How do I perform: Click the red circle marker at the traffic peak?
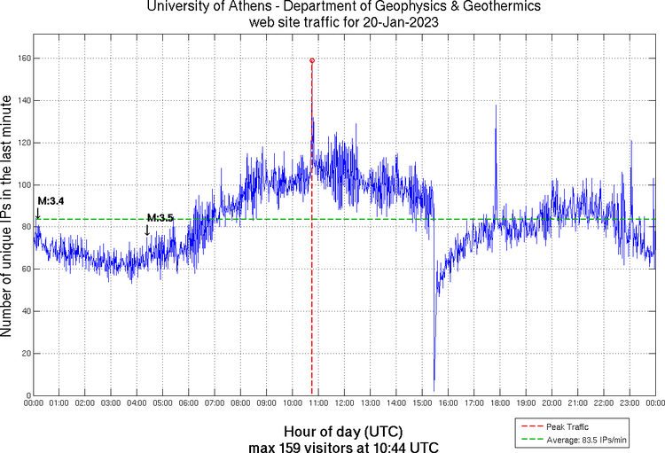[x=312, y=60]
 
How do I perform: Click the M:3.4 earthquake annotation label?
[x=51, y=202]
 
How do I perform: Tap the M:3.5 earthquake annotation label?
[x=160, y=218]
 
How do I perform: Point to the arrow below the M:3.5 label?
[x=147, y=230]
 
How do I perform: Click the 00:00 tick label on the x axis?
[x=33, y=403]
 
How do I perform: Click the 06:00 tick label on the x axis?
[x=188, y=403]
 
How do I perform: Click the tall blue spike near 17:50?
[x=496, y=107]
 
